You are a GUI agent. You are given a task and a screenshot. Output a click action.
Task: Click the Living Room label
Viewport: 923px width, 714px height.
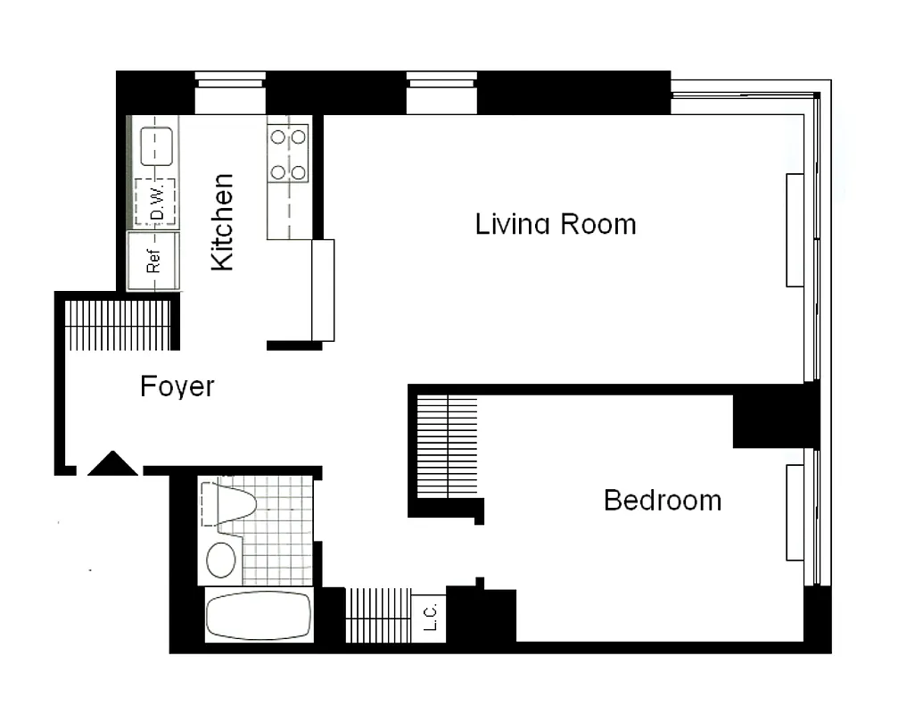(x=556, y=223)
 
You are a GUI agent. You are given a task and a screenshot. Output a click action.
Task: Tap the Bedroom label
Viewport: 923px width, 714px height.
(x=662, y=500)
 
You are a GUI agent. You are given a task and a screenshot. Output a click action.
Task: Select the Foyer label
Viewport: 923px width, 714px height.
(x=177, y=386)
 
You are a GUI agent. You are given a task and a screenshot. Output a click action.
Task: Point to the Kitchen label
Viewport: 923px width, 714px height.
(x=221, y=222)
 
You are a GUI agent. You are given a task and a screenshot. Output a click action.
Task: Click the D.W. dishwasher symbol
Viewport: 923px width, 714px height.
(x=155, y=203)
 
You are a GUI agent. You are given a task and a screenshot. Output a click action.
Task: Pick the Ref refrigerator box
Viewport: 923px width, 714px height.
(x=153, y=262)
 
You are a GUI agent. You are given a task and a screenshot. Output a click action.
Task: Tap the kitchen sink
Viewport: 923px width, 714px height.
(x=156, y=146)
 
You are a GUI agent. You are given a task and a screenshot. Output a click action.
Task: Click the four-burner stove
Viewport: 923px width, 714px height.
(x=288, y=154)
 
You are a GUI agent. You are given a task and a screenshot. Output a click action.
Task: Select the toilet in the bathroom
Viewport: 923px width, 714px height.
(x=234, y=504)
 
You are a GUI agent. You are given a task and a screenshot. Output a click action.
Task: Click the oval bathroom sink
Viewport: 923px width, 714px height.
(x=220, y=560)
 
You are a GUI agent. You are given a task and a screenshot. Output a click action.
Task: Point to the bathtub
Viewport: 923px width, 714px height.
(x=259, y=615)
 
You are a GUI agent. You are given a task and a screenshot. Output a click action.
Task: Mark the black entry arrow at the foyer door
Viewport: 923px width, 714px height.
(x=112, y=464)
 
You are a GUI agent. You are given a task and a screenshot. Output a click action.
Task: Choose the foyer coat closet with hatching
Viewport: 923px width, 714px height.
(x=118, y=326)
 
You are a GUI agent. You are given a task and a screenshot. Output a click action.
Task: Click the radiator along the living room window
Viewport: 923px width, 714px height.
(x=795, y=230)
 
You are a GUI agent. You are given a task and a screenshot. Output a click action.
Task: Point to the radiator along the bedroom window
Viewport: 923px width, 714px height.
(x=795, y=513)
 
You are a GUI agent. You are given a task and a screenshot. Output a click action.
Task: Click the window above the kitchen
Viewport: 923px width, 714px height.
(x=230, y=93)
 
